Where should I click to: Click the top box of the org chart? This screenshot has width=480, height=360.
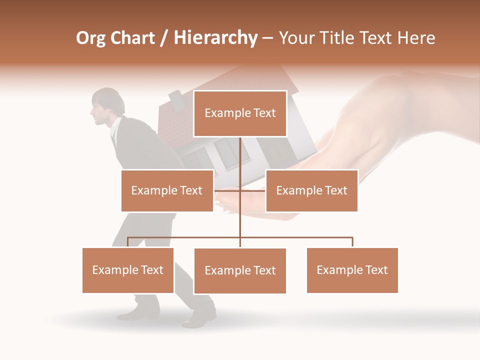coord(240,113)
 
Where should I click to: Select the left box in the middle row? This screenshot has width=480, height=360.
coord(167,190)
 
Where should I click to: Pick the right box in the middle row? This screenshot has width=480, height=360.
coord(311,190)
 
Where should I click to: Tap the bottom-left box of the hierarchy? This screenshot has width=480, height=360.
coord(128,270)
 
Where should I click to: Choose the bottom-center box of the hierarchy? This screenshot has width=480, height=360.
coord(240,270)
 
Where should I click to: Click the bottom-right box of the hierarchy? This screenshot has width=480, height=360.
coord(352,270)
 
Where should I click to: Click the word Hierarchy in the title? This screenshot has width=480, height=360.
coord(215,37)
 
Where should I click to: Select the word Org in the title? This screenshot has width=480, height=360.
coord(91,38)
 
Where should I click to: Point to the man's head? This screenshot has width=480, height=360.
coord(106,106)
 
